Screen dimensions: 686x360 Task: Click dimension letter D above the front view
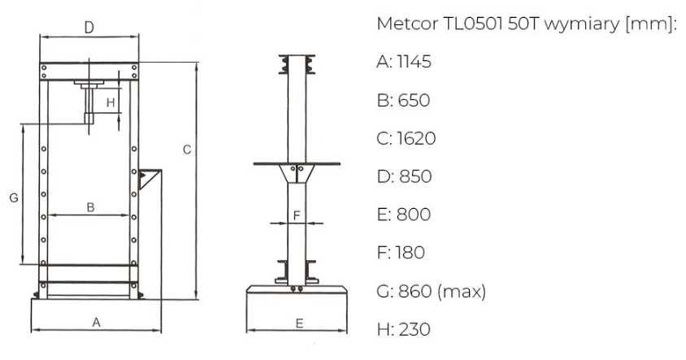(x=89, y=28)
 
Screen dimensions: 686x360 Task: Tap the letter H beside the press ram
(x=111, y=102)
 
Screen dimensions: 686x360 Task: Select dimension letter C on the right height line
(x=187, y=150)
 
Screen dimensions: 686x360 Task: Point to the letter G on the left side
(x=14, y=197)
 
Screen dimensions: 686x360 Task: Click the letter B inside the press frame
(x=90, y=207)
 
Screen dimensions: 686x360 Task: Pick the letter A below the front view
(x=96, y=323)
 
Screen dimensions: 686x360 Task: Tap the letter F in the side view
(x=297, y=215)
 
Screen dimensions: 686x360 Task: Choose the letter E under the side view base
(x=299, y=323)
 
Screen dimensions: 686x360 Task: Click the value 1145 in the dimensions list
(x=414, y=62)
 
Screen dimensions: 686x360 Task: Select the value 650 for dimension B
(x=414, y=100)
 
